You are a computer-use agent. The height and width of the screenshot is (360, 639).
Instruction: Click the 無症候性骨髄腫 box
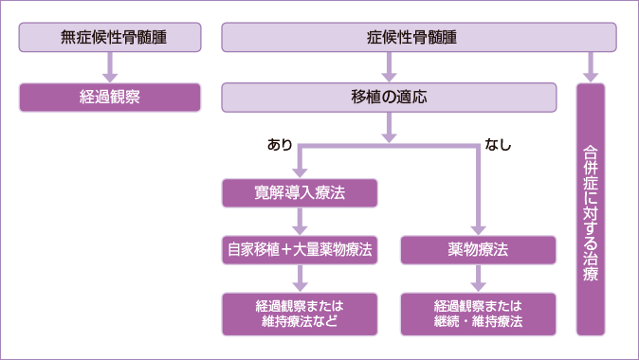tap(110, 38)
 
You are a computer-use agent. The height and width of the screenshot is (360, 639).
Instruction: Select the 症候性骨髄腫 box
tap(419, 38)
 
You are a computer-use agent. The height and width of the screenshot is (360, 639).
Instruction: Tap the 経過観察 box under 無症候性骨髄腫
tap(110, 97)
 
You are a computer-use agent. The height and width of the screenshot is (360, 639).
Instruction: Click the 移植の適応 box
tap(389, 97)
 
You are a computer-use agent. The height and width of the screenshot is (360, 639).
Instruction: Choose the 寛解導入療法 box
tap(301, 193)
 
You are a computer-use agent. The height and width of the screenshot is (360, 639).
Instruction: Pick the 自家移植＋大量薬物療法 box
tap(301, 250)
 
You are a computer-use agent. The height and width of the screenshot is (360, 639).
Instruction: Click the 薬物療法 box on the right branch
tap(478, 250)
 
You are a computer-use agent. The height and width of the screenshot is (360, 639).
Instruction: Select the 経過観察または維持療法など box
tap(301, 314)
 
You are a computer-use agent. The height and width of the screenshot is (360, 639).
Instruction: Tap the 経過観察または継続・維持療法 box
tap(478, 314)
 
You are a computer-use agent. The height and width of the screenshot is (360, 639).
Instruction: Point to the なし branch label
tap(499, 145)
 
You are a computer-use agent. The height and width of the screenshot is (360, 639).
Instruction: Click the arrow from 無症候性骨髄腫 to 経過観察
tap(110, 67)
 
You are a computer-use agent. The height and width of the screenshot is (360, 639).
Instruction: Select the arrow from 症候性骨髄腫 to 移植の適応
tap(389, 67)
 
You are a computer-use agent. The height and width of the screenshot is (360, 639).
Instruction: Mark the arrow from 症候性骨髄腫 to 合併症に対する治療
tap(591, 67)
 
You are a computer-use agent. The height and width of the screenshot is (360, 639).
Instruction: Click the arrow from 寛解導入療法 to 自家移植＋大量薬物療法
tap(301, 222)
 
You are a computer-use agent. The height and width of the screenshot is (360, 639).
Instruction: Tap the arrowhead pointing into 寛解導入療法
tap(301, 171)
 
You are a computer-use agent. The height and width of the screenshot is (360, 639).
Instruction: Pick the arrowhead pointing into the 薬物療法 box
tap(478, 228)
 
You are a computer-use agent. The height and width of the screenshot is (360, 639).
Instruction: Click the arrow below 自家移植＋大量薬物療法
tap(301, 279)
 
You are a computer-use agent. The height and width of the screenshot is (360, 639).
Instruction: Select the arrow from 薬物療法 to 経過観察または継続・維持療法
tap(478, 279)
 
